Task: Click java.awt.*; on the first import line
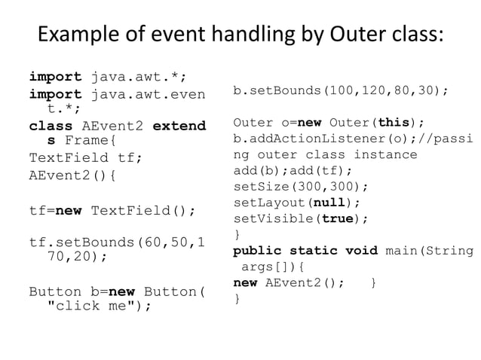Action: [x=139, y=76]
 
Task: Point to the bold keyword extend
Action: [x=179, y=126]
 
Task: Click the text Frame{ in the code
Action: [x=90, y=141]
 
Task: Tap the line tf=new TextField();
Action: [x=112, y=210]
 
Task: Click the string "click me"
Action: [x=98, y=307]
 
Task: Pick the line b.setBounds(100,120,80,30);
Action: [x=341, y=91]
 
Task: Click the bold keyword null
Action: [x=335, y=202]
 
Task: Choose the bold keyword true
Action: [x=343, y=218]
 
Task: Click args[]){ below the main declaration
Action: [x=271, y=267]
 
